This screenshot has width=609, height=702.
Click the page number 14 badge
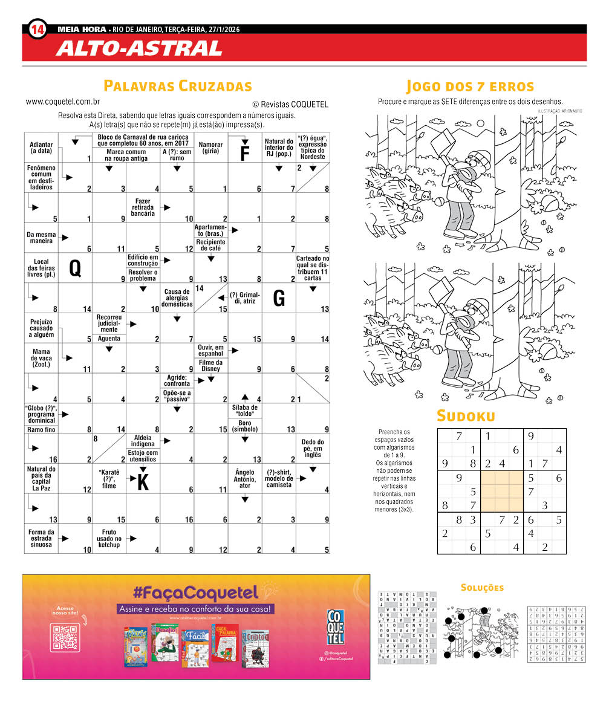(37, 29)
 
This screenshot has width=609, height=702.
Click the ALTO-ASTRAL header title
(139, 48)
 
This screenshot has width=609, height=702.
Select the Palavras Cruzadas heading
(178, 86)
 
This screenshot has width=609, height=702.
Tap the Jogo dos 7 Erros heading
(470, 86)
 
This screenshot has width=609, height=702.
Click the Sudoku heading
(466, 416)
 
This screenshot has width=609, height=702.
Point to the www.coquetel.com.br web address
(63, 102)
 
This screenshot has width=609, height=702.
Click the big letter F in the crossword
(245, 154)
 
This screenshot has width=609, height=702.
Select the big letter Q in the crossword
(75, 267)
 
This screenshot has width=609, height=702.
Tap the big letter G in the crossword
(279, 297)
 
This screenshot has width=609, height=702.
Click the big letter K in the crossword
(143, 482)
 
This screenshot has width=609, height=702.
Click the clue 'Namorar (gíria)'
(210, 148)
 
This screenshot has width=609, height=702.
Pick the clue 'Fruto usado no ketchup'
(109, 539)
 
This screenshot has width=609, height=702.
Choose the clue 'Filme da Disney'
(210, 365)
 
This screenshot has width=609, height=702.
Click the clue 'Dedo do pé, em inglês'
(313, 448)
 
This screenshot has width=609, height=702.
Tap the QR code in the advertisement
(65, 637)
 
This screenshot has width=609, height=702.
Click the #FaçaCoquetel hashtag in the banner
(197, 591)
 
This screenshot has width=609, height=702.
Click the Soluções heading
(482, 588)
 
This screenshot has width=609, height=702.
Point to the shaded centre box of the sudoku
(501, 492)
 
